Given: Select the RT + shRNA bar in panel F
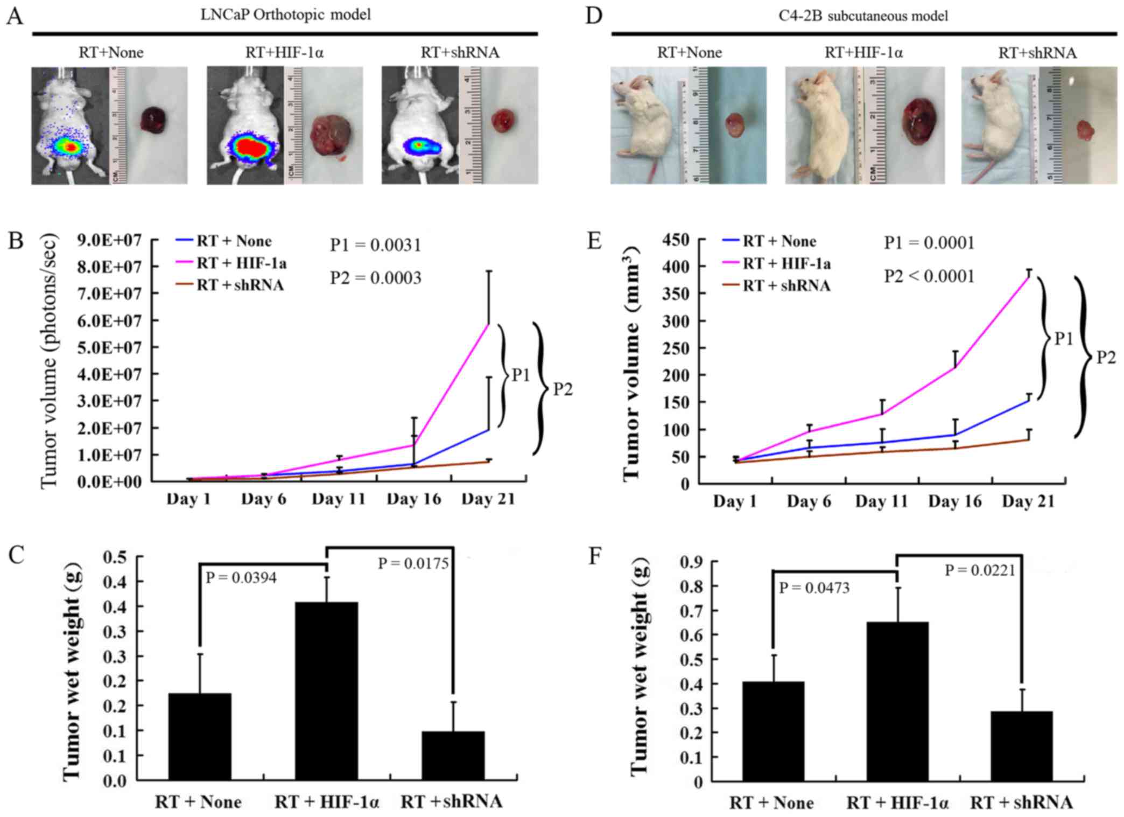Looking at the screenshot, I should (x=1021, y=745).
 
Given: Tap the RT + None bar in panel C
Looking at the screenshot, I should (x=200, y=736).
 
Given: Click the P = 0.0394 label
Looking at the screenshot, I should (x=241, y=578).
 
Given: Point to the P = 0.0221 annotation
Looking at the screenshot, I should (x=980, y=570).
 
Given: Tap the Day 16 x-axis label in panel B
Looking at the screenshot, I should (x=413, y=499).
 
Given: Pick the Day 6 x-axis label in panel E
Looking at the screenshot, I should (x=809, y=501).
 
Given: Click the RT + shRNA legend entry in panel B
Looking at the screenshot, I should (x=230, y=285).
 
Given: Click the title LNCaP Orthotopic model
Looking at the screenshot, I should (x=286, y=15).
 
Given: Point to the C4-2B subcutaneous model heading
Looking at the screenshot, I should (x=863, y=16).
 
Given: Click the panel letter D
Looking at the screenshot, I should (x=593, y=16).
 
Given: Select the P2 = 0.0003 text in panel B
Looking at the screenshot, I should (x=376, y=278).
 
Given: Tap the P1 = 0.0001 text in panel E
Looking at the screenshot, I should (x=929, y=243).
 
